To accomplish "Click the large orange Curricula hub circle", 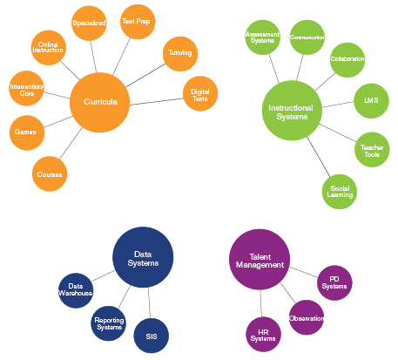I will point(99,102).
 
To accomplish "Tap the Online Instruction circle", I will point(48,46).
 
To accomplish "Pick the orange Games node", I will point(24,132).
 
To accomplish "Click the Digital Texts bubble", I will point(199,93).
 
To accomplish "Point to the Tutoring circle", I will point(178,54).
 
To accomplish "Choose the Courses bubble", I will point(50,174).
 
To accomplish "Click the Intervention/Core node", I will point(25,90).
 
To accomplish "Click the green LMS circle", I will point(370,101).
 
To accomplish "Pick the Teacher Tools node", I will point(371,149).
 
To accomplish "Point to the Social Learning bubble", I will point(340,191).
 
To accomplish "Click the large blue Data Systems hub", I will point(143,257).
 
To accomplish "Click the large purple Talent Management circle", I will point(259,259).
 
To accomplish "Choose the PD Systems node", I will point(334,282).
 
